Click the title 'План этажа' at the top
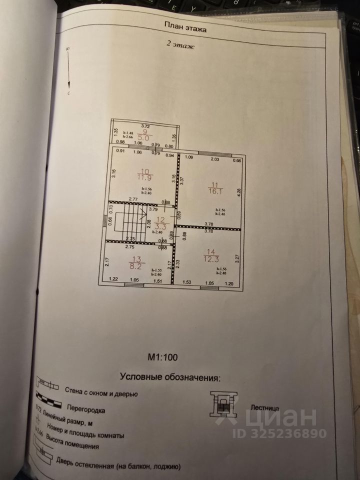pyautogui.click(x=185, y=28)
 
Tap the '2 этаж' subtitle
pyautogui.click(x=180, y=44)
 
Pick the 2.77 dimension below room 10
pyautogui.click(x=133, y=199)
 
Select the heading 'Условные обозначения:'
pyautogui.click(x=169, y=376)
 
